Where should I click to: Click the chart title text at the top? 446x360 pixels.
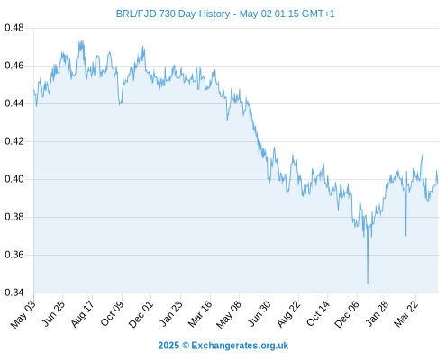point(225,13)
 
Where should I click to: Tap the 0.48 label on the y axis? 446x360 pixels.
point(14,28)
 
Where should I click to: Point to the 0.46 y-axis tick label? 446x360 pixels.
point(14,66)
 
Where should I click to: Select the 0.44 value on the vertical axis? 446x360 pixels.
point(14,103)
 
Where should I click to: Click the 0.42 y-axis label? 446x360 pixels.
point(14,141)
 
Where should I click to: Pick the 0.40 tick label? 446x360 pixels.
point(14,179)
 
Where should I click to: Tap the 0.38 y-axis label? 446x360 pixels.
point(14,217)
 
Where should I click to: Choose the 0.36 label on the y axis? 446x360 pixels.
point(14,255)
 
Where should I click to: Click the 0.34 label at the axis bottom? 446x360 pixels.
point(14,292)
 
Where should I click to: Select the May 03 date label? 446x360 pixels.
point(23,314)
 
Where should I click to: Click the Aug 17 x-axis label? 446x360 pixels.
point(82,314)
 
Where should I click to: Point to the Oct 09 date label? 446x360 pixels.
point(112,314)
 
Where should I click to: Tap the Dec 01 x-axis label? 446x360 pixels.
point(141,314)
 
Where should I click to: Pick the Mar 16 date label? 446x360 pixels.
point(200,314)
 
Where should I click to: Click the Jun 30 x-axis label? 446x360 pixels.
point(259,314)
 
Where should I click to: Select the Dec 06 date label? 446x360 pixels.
point(347,314)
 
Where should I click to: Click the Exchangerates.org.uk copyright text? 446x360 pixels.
point(223,346)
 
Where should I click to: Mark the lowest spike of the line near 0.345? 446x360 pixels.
point(368,283)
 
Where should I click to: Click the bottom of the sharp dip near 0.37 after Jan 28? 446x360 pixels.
point(405,236)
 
